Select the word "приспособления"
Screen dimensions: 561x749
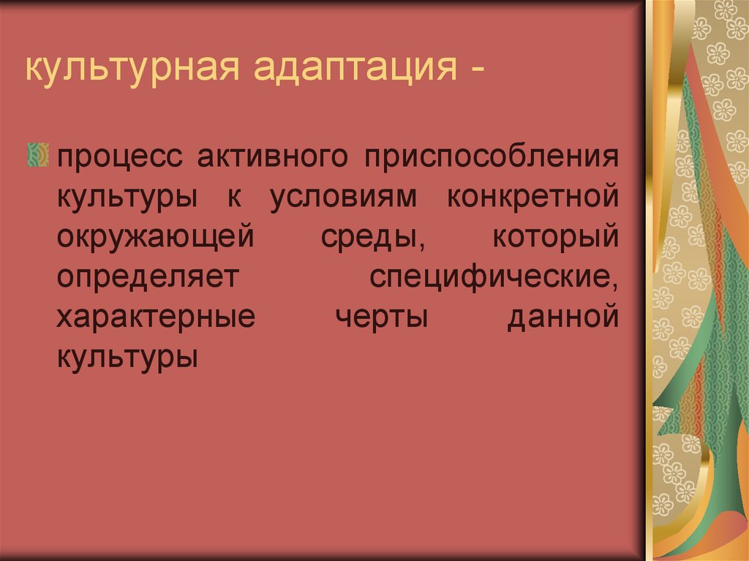493,158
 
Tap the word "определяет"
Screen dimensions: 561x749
148,279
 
